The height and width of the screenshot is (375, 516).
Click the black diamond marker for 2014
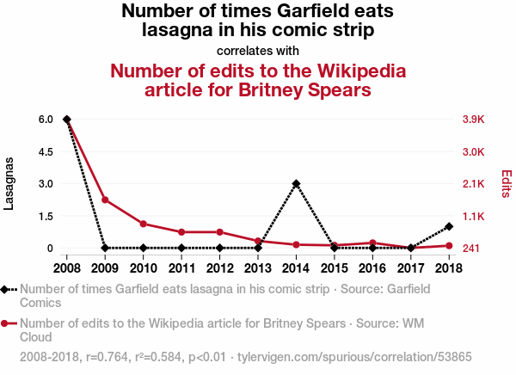coord(296,184)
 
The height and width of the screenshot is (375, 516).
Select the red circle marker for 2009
coord(105,200)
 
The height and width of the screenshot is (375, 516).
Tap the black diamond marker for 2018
coord(449,226)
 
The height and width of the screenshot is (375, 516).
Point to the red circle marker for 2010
coord(143,224)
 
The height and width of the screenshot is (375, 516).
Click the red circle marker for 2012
coord(220,232)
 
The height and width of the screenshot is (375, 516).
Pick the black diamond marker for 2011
coord(181,248)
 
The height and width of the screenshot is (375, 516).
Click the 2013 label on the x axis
coord(258,268)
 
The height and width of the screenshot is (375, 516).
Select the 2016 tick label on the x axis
coord(372,268)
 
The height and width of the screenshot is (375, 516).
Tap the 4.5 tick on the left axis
coord(46,151)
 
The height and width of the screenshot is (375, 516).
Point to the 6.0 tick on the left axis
coord(46,120)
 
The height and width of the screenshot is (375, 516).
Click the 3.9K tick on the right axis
coord(474,120)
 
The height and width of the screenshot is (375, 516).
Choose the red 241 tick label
coord(471,249)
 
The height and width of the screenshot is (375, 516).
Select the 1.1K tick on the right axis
coord(474,216)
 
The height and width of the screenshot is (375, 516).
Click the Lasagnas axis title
coord(9,184)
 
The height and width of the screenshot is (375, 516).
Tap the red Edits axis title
coord(507,184)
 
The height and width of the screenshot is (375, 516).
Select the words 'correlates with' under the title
coord(258,51)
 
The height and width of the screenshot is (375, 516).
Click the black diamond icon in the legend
coord(4,289)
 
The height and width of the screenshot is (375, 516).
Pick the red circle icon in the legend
coord(4,323)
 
